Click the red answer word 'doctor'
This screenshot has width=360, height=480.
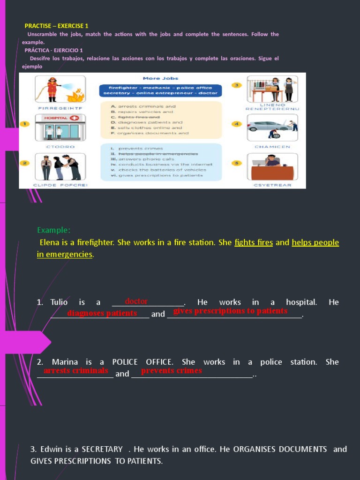(136, 301)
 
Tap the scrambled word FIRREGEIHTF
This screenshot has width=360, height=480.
(60, 108)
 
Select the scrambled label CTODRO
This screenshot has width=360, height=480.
(60, 147)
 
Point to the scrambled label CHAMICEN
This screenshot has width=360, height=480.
(272, 147)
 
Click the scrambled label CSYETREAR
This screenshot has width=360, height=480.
(272, 185)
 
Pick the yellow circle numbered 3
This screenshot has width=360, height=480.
(237, 85)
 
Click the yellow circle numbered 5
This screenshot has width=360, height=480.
(237, 163)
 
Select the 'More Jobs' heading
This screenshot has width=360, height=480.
(160, 78)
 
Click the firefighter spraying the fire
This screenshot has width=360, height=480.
(52, 89)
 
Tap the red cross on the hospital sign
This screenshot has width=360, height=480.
(74, 118)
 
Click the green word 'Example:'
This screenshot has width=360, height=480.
(54, 230)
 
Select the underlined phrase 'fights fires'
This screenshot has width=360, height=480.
(254, 243)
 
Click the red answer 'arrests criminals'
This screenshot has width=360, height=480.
(76, 371)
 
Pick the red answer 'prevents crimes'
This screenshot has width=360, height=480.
(172, 371)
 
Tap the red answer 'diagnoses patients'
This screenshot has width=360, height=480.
(102, 313)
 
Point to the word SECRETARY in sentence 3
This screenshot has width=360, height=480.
(102, 449)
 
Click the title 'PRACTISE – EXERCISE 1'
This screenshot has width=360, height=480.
(56, 26)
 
